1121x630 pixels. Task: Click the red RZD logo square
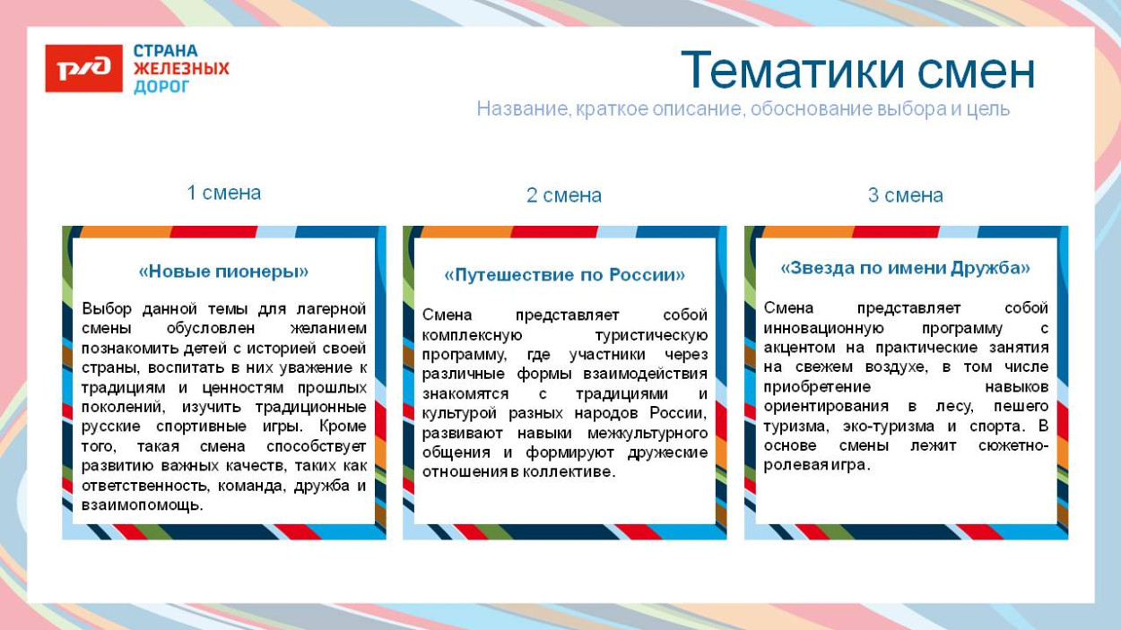(83, 69)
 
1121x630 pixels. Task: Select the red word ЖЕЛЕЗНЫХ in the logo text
(181, 69)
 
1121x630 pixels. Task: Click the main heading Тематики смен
(857, 71)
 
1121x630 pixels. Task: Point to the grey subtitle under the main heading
(743, 109)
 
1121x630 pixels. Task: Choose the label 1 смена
(223, 193)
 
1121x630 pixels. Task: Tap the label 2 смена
(563, 195)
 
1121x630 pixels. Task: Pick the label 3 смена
(905, 195)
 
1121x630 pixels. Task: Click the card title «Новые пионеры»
(223, 271)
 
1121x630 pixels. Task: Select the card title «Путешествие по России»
(564, 275)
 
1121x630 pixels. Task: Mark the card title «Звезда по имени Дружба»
(905, 268)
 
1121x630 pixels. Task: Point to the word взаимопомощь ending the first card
(141, 505)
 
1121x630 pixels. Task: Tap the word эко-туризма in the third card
(893, 427)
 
